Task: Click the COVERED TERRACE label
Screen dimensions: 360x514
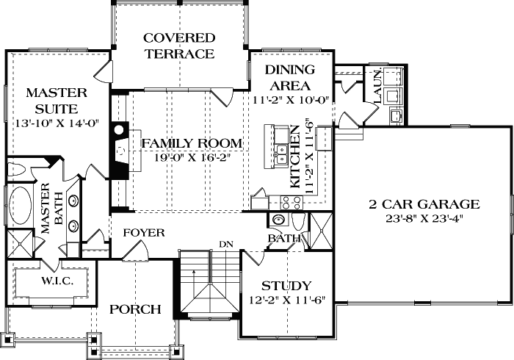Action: click(179, 46)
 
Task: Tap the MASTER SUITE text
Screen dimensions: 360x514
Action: click(57, 101)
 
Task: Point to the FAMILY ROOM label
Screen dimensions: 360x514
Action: click(192, 143)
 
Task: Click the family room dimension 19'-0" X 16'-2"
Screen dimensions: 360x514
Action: click(192, 156)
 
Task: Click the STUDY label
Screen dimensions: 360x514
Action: click(286, 286)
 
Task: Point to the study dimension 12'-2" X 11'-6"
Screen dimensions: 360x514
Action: click(286, 300)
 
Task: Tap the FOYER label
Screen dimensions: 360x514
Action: click(143, 233)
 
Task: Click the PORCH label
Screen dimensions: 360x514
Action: click(135, 309)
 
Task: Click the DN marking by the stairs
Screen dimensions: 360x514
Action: click(225, 244)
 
